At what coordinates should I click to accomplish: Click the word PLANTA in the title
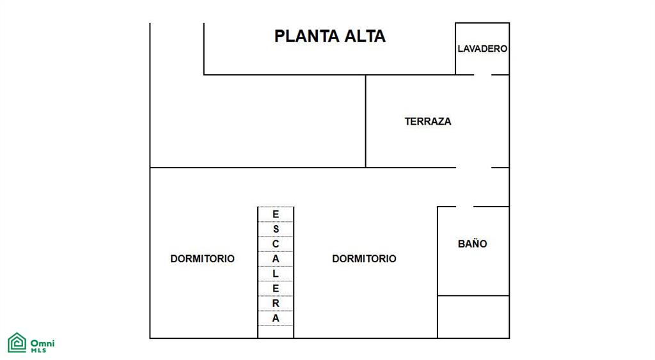[x=306, y=36]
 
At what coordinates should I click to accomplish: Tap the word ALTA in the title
[x=365, y=36]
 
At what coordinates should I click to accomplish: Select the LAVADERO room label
[x=482, y=49]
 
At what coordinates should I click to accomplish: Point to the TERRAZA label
[x=428, y=121]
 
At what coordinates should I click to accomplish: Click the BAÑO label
[x=473, y=244]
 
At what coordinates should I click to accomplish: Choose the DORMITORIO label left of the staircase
[x=202, y=258]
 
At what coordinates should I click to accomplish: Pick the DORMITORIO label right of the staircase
[x=364, y=258]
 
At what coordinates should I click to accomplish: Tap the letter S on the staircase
[x=276, y=230]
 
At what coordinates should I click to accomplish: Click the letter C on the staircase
[x=276, y=244]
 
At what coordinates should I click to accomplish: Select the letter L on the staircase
[x=276, y=274]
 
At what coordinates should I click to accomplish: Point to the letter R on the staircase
[x=276, y=303]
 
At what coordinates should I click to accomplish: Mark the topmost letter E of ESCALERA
[x=276, y=214]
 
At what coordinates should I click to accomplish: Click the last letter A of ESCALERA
[x=276, y=318]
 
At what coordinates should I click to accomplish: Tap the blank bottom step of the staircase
[x=276, y=332]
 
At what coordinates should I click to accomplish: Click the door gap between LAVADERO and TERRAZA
[x=482, y=75]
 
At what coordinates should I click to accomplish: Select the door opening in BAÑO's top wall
[x=464, y=207]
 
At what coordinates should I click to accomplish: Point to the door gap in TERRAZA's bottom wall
[x=474, y=168]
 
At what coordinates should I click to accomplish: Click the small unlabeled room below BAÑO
[x=473, y=317]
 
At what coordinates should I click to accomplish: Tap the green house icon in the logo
[x=17, y=343]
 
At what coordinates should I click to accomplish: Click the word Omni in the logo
[x=43, y=343]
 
